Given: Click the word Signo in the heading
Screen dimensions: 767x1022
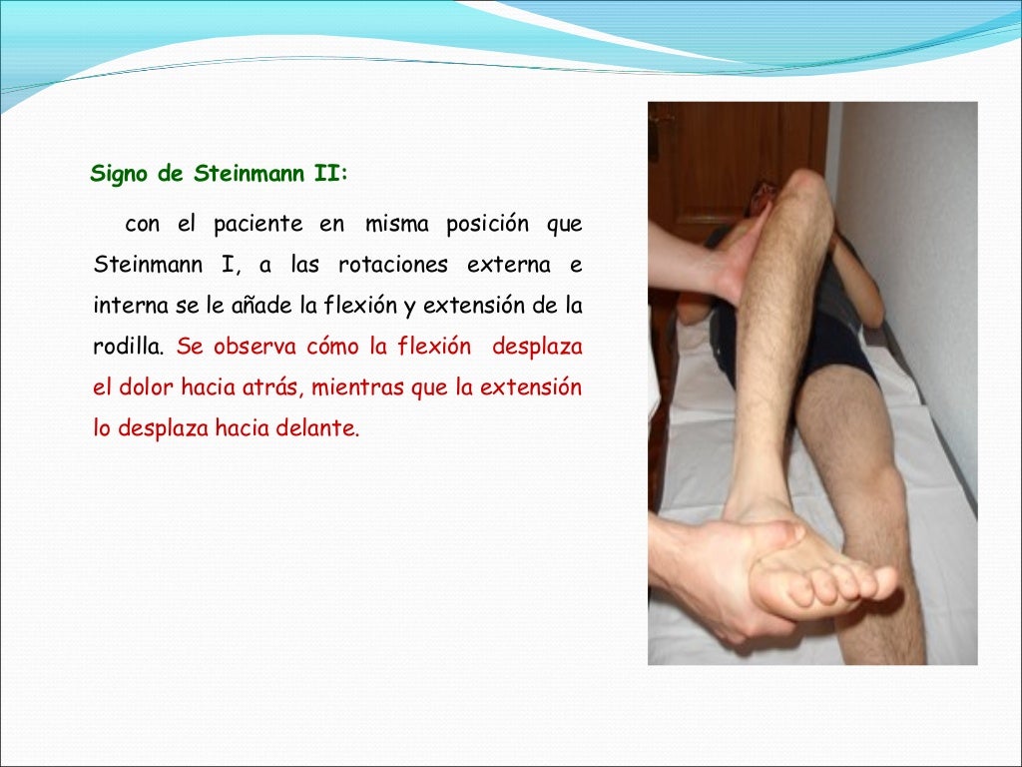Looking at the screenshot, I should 118,174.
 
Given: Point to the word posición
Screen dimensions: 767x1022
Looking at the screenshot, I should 487,224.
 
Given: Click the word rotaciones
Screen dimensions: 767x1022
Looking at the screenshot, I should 387,266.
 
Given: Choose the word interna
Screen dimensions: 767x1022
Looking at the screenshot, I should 131,307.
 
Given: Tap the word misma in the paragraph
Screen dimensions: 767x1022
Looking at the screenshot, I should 396,224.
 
